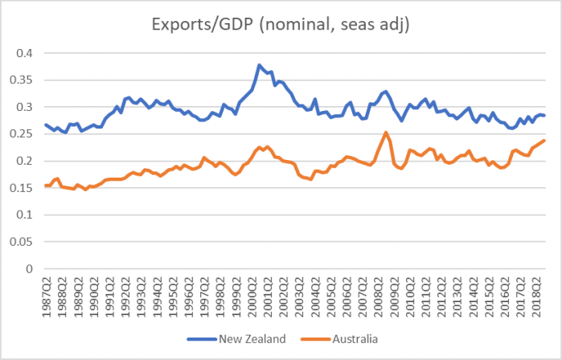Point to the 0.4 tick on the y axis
pyautogui.click(x=25, y=53)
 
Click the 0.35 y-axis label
pyautogui.click(x=23, y=80)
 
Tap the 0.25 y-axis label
pyautogui.click(x=23, y=134)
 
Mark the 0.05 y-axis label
pyautogui.click(x=23, y=242)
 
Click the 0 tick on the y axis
pyautogui.click(x=31, y=269)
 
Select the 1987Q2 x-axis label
pyautogui.click(x=48, y=293)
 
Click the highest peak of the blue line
pyautogui.click(x=258, y=65)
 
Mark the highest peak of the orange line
pyautogui.click(x=386, y=133)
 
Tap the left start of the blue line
pyautogui.click(x=45, y=125)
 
